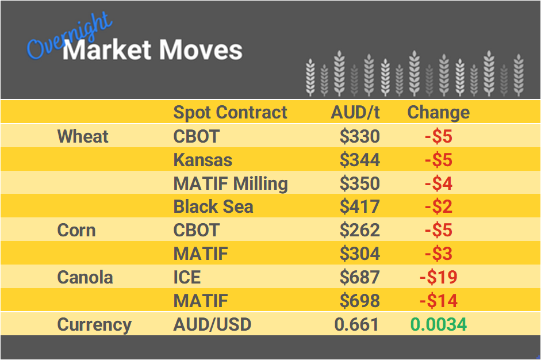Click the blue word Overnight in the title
pos(69,37)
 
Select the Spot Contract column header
pos(230,112)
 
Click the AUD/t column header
pos(355,112)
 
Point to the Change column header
pos(438,112)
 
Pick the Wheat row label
pos(83,136)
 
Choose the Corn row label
pos(76,230)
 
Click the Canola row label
pos(85,277)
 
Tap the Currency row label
pos(94,324)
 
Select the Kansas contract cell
pos(203,160)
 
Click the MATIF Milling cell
pos(231,183)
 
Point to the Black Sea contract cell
pos(213,206)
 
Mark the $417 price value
pos(359,206)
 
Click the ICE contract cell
pos(187,277)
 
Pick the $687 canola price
pos(359,277)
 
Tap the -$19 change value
pos(438,277)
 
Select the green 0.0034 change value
pos(438,324)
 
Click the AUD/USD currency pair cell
pos(212,324)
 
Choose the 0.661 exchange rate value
pos(356,324)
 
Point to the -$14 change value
pos(438,301)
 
